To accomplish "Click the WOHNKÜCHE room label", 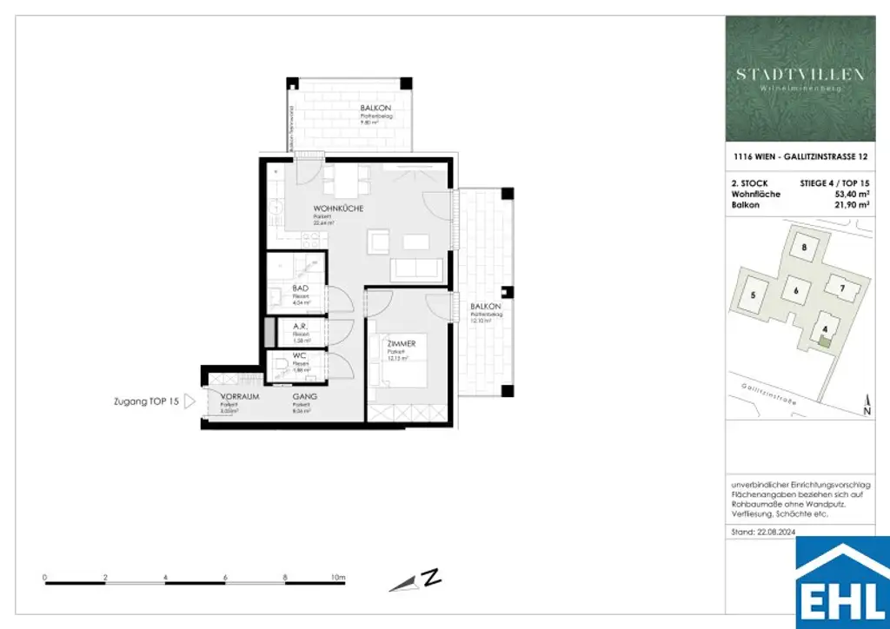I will click(x=338, y=209).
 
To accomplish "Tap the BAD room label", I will click(x=301, y=288).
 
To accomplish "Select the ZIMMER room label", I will click(x=401, y=345).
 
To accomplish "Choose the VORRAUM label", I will click(x=228, y=396).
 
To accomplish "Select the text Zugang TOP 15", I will click(x=145, y=402).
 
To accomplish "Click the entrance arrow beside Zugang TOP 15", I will click(x=189, y=402).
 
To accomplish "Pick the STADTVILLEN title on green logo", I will click(x=800, y=75).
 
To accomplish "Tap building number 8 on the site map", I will click(x=805, y=248).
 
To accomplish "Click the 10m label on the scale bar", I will click(x=337, y=577).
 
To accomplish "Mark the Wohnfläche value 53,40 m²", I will click(x=849, y=194).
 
